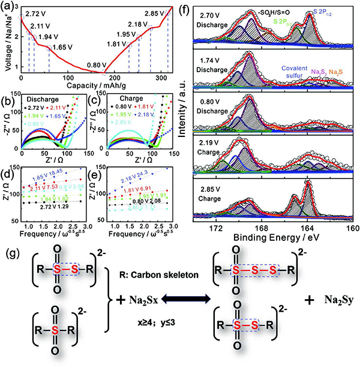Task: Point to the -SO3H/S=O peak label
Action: pyautogui.click(x=276, y=11)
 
